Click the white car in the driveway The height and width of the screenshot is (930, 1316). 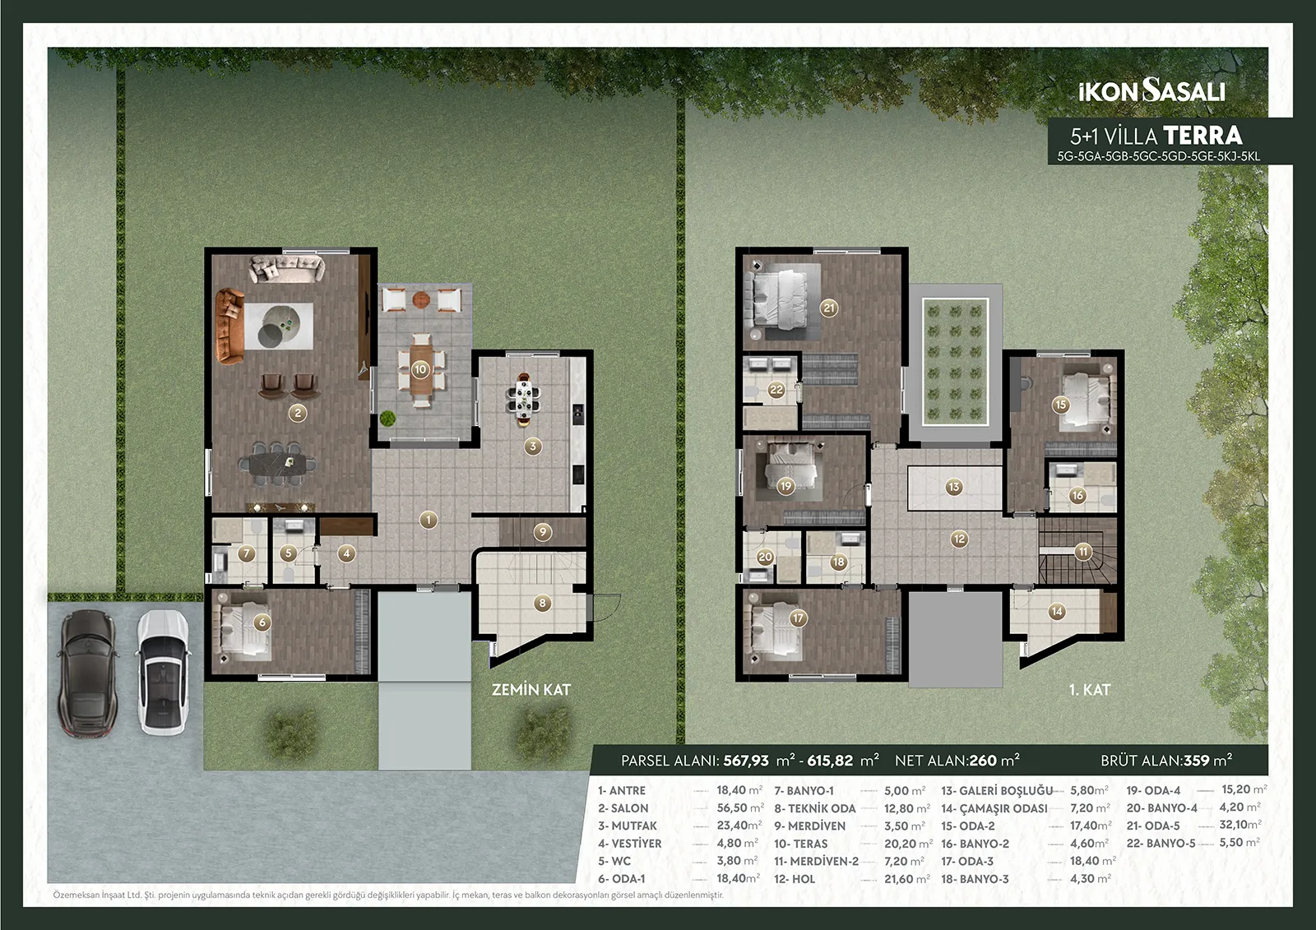click(164, 672)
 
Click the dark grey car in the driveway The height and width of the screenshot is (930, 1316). click(87, 673)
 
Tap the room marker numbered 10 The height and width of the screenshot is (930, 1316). click(420, 369)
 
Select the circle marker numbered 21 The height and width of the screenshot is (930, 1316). click(829, 308)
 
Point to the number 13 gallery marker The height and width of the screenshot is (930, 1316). click(953, 487)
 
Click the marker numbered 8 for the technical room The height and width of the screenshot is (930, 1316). click(542, 603)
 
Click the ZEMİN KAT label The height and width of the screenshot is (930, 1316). click(531, 690)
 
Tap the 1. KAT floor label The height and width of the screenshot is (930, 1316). click(1090, 690)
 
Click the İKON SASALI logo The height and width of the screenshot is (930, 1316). click(1151, 91)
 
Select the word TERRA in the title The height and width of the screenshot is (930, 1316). click(1202, 136)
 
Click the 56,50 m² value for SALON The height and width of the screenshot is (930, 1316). click(739, 808)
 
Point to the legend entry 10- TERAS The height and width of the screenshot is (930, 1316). click(801, 844)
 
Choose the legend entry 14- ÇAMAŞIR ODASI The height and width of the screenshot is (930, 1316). click(994, 808)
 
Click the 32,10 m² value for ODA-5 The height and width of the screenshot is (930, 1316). click(1240, 825)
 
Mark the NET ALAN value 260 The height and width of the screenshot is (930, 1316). click(983, 761)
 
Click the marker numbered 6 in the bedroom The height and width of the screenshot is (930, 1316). click(262, 622)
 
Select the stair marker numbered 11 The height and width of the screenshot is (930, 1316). click(1082, 552)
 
